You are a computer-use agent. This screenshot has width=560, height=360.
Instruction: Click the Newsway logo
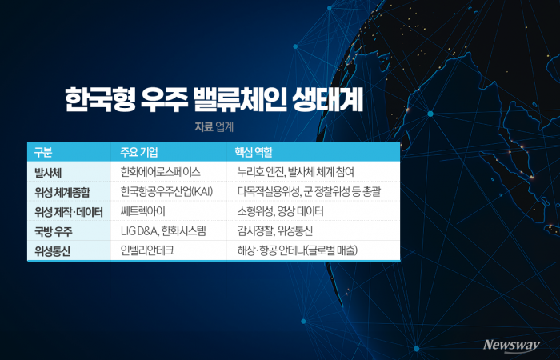pos(513,345)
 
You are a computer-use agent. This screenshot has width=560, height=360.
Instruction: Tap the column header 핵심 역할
pos(255,152)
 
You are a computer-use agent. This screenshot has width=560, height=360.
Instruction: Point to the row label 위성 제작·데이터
pos(69,212)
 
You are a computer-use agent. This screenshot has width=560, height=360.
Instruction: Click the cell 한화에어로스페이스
pos(160,172)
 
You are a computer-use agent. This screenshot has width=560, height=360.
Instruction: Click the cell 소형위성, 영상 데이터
pos(280,212)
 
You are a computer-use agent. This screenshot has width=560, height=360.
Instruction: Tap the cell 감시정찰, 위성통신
pos(274,231)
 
